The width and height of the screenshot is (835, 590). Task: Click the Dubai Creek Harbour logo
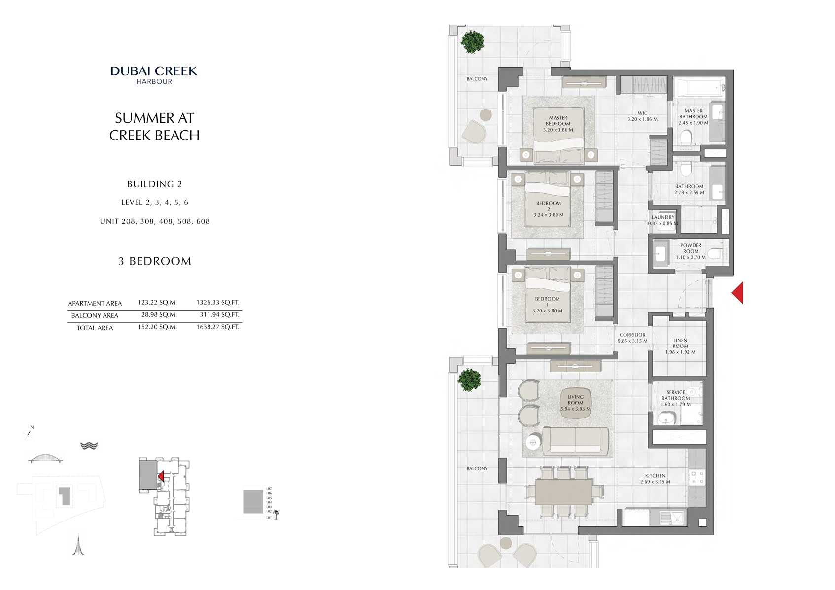click(154, 75)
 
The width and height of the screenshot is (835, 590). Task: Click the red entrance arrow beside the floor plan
click(737, 293)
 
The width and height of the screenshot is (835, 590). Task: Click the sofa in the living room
click(575, 441)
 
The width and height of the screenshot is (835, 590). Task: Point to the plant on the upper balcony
click(472, 42)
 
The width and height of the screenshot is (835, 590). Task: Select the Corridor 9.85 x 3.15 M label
click(632, 338)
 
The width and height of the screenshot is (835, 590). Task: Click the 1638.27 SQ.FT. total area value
click(217, 327)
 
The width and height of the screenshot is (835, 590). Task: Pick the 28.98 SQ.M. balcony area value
click(157, 314)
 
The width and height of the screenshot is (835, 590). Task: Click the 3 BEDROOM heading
click(154, 261)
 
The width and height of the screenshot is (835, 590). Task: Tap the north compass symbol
click(29, 432)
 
